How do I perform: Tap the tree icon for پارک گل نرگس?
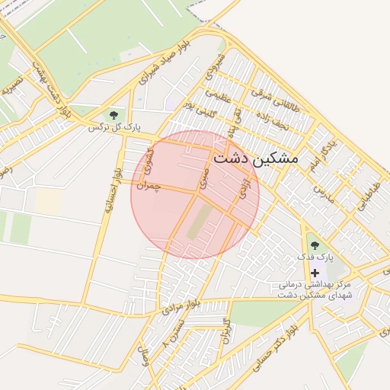click(113, 115)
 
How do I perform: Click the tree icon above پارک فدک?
click(315, 245)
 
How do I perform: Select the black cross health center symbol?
click(315, 272)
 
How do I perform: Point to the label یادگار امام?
click(322, 155)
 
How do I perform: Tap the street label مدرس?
click(328, 191)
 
